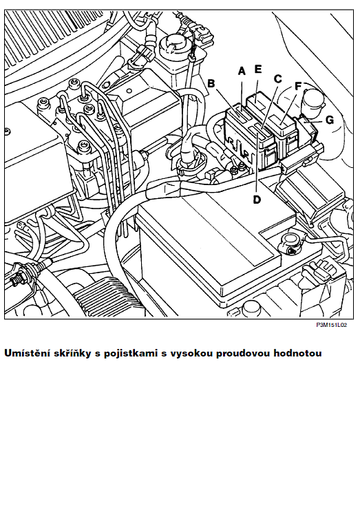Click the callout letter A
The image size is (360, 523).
(242, 71)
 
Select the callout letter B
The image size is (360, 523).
(211, 83)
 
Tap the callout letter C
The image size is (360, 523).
(277, 79)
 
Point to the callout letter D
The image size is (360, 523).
(257, 200)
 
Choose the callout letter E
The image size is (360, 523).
(258, 69)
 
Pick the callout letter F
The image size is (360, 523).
(298, 87)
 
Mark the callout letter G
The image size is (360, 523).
(329, 120)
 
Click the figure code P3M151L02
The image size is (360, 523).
(332, 325)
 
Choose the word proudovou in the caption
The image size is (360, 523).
(243, 354)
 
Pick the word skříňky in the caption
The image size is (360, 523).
(72, 354)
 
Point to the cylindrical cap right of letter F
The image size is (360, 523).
(314, 100)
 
